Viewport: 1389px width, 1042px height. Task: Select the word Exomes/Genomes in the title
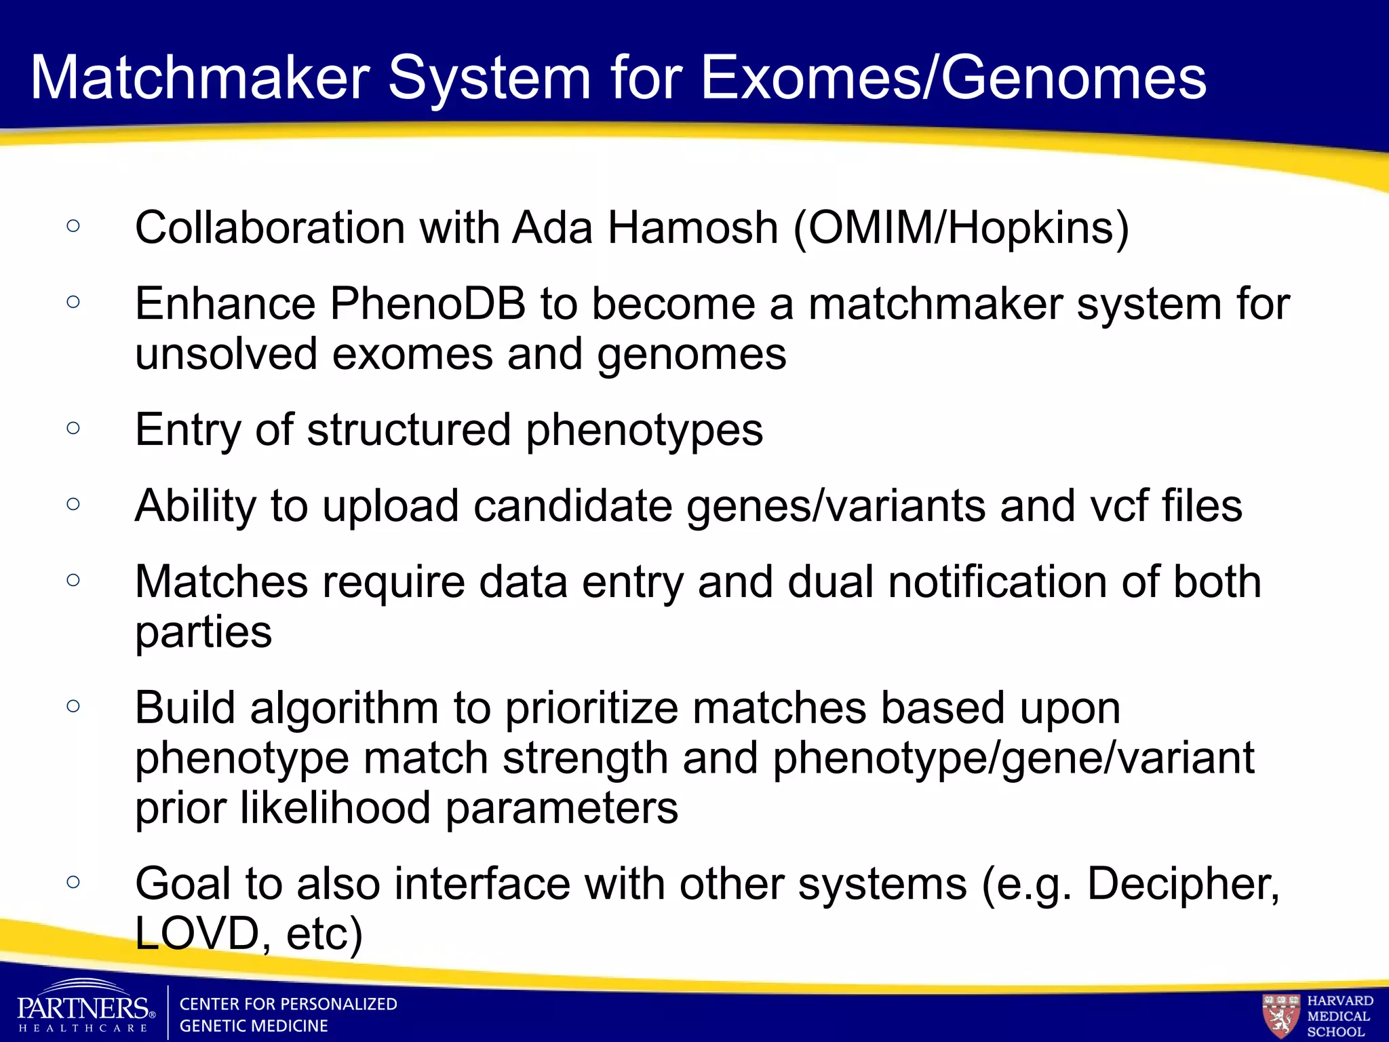tap(953, 78)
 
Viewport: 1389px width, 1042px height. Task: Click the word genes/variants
tap(836, 507)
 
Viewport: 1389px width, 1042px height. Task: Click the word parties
tap(203, 633)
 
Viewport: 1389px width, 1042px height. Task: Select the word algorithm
tap(344, 708)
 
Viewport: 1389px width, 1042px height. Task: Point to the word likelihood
tap(335, 808)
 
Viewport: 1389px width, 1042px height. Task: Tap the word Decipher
tap(1182, 884)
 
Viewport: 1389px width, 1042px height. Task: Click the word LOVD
tap(196, 933)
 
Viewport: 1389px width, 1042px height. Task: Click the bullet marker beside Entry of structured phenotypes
tap(74, 427)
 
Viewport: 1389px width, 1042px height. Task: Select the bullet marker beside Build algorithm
tap(74, 706)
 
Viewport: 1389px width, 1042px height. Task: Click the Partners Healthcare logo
tap(85, 1009)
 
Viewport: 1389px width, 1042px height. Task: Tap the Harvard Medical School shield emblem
tap(1280, 1015)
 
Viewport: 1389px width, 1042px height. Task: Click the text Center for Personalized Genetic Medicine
tap(288, 1015)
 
